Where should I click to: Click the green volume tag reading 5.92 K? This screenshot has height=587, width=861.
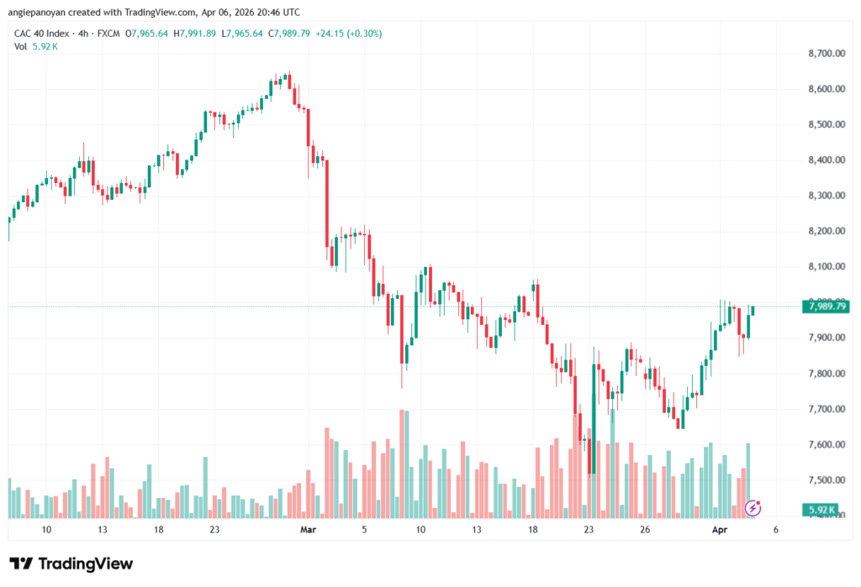click(821, 510)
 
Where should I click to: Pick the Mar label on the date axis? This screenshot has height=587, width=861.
click(309, 530)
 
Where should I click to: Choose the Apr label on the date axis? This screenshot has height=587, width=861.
click(719, 530)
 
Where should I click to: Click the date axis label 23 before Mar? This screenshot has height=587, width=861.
click(214, 530)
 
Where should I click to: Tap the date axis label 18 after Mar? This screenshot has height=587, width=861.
click(533, 530)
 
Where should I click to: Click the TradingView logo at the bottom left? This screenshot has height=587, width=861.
click(71, 563)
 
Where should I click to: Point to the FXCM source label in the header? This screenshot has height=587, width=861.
click(107, 33)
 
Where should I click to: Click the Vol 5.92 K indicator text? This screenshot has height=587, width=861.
click(36, 46)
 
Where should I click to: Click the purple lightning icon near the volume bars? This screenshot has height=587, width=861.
click(753, 507)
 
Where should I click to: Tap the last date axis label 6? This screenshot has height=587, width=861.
click(774, 530)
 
